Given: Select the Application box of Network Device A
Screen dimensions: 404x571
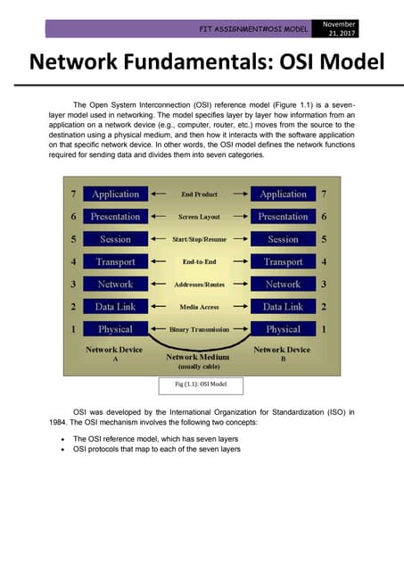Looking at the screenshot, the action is (115, 194).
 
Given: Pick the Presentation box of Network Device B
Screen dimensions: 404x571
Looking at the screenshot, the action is (283, 217).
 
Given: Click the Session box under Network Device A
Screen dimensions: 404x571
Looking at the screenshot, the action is (115, 239).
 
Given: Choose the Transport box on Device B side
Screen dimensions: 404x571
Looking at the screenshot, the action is (283, 261).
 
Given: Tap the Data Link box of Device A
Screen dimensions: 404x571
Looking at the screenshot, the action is (115, 307).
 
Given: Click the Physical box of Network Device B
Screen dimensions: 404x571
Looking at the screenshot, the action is (283, 329).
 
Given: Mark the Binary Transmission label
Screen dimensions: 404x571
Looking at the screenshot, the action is (199, 330).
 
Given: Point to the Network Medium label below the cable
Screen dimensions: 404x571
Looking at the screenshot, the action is (200, 356).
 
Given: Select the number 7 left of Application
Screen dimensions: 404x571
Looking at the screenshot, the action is (72, 194).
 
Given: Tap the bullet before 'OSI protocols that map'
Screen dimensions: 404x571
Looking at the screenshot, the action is (61, 450).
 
